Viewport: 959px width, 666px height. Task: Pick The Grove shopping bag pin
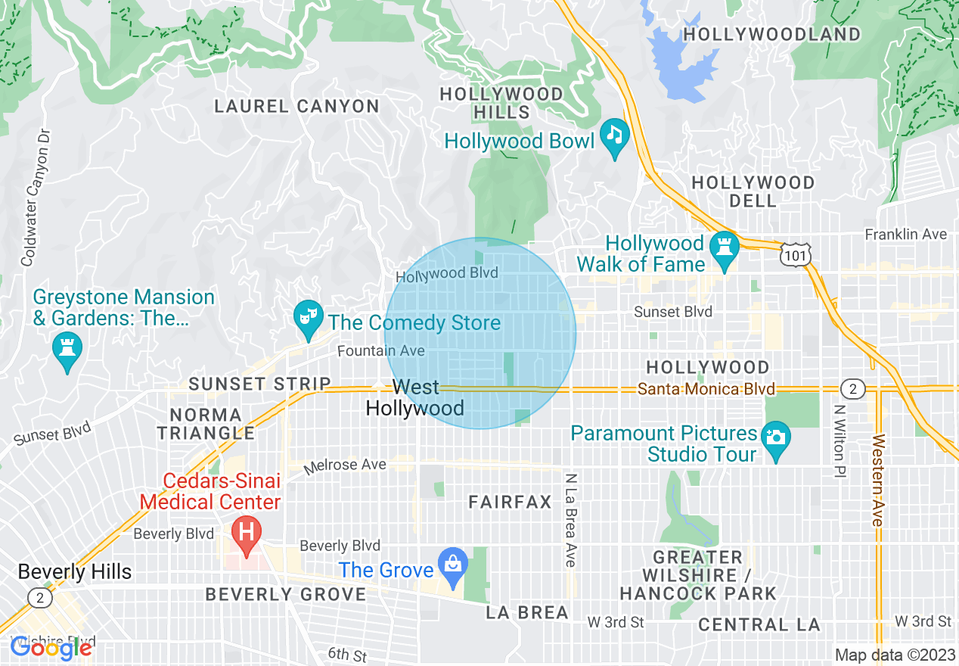[x=453, y=565]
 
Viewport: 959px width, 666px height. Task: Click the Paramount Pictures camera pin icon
[x=774, y=438]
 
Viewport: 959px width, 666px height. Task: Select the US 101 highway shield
[x=796, y=256]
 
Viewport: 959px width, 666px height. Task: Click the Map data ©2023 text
[x=895, y=655]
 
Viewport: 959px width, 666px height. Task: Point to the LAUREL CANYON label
[x=296, y=106]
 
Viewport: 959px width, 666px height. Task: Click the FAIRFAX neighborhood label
[x=510, y=502]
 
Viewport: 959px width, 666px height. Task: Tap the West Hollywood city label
[x=414, y=398]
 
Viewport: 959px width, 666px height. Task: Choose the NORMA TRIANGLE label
[x=211, y=424]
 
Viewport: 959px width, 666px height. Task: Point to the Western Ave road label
[x=877, y=480]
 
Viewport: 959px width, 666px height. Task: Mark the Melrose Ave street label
[x=345, y=465]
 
